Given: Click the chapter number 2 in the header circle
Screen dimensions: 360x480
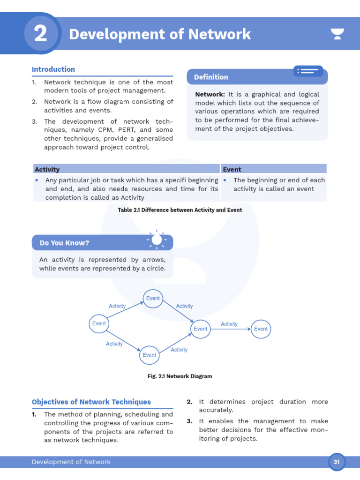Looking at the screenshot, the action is tap(41, 34).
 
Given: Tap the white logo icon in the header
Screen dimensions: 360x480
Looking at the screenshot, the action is tap(337, 34).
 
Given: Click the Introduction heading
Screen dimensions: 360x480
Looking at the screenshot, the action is tap(53, 69).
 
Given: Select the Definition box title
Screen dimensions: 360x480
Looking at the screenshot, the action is tap(211, 77).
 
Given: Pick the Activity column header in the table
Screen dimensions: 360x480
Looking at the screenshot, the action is tap(47, 169).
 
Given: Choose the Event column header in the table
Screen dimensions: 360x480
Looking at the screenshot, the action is tap(232, 169).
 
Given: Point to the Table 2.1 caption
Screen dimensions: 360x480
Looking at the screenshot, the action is tap(180, 210).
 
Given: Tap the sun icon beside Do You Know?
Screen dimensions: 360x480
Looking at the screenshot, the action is tap(157, 240).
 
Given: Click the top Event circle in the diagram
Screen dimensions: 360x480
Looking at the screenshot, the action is tap(153, 299).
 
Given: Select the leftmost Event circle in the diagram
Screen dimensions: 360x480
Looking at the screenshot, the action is tap(99, 323).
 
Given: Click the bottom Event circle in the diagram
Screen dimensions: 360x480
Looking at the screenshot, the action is tap(150, 355).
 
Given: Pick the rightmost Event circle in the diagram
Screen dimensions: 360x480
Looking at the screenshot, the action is tap(261, 329).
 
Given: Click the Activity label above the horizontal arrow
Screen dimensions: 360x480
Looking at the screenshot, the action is tap(229, 324).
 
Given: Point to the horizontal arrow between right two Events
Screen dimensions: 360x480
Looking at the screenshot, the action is tap(230, 329).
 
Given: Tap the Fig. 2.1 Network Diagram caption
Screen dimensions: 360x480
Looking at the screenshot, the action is tap(180, 376).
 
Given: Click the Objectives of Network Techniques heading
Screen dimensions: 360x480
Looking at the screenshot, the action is tap(91, 402).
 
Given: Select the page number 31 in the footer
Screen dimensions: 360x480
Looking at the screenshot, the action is tap(337, 462).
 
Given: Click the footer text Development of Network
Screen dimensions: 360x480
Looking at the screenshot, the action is tap(71, 462).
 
